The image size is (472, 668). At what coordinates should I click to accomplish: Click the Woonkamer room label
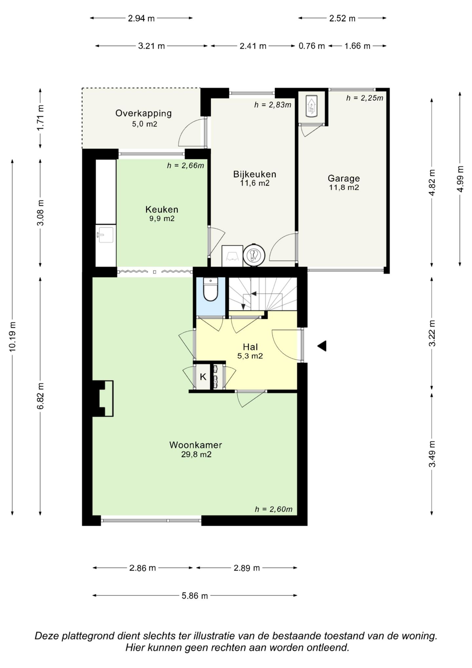point(196,445)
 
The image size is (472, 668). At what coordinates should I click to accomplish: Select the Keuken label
point(162,209)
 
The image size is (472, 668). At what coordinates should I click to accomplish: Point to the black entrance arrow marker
point(322,346)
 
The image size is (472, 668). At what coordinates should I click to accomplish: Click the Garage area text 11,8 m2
point(344,187)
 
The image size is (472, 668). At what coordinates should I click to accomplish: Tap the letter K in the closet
point(203,377)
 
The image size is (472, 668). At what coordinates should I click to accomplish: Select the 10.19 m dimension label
point(12,337)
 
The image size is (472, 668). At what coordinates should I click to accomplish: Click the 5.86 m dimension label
point(195,595)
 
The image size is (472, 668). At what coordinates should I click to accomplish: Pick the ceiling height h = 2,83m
point(273,105)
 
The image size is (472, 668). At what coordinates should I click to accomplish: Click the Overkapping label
point(144,113)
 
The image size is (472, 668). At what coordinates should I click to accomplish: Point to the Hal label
point(250,347)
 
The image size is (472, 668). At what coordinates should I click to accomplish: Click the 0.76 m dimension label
point(311,46)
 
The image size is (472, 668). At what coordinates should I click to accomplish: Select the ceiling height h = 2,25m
point(364,98)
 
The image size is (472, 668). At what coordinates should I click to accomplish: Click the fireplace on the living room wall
point(103,398)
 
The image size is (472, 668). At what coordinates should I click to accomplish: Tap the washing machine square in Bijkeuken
point(232,256)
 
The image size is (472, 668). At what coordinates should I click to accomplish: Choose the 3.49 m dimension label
point(432,454)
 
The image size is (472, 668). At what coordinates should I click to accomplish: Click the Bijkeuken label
point(255,174)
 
